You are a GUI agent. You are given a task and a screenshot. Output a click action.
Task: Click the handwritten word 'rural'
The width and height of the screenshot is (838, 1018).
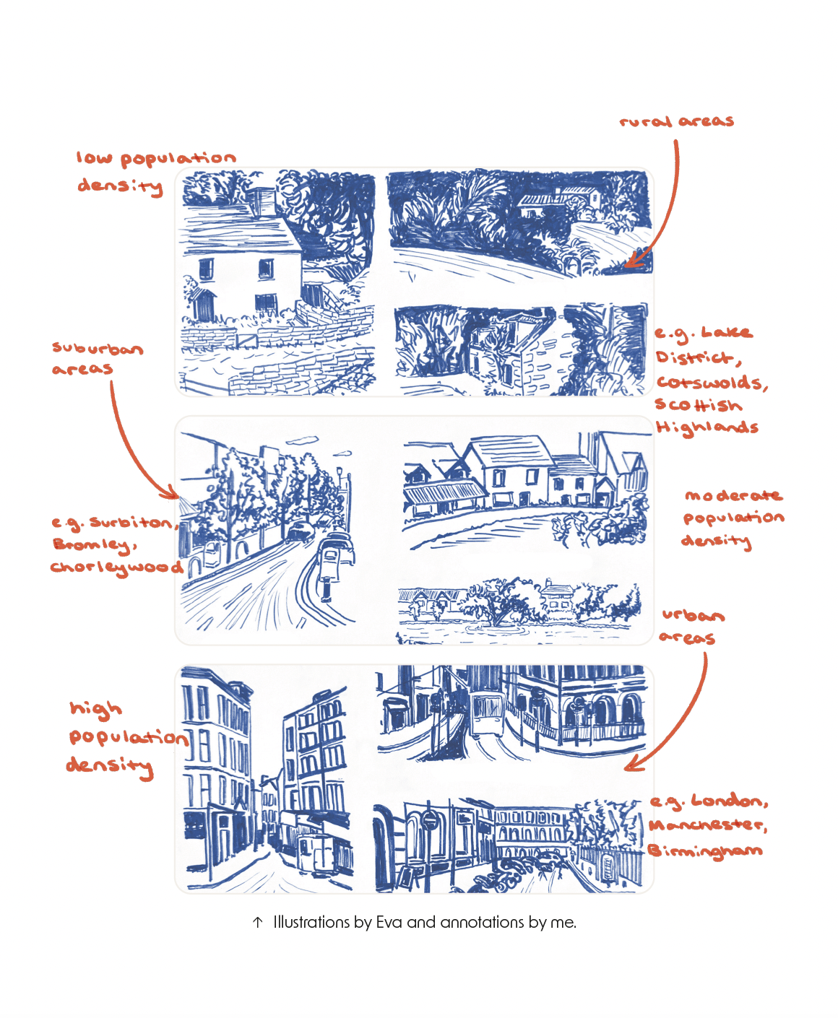pos(645,121)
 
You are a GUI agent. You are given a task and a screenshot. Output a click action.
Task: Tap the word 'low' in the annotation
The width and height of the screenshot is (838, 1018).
pos(94,158)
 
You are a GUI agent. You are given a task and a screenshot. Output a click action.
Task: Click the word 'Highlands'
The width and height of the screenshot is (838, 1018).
pos(707,427)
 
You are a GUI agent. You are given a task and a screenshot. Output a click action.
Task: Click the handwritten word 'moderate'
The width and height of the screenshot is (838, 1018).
pos(733,495)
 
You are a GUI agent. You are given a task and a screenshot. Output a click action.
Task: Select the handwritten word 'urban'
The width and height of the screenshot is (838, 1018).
pos(693,615)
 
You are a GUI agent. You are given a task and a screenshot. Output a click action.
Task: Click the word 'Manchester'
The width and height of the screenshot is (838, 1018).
pos(707,825)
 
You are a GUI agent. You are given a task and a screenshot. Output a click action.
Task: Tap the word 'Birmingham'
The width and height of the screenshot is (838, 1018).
pos(704,851)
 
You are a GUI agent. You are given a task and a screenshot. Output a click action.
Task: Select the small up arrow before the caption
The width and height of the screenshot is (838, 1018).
pos(258,923)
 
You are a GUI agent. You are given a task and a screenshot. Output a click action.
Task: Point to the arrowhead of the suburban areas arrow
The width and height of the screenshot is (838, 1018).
pos(171,492)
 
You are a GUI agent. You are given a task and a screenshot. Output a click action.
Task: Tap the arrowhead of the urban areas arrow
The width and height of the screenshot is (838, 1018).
pos(632,764)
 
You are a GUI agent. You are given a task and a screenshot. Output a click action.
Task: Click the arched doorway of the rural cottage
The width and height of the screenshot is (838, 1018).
pos(204,305)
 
